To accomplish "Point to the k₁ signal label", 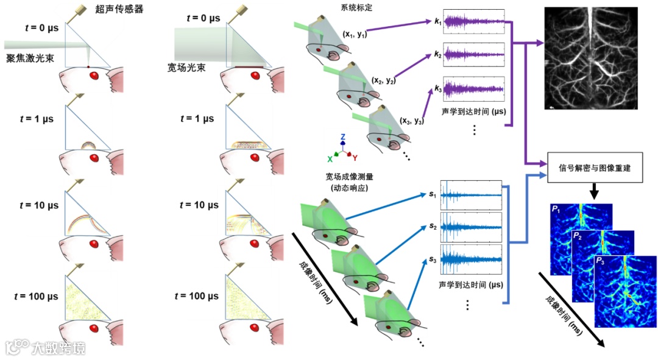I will click(437, 21).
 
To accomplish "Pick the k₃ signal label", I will click(437, 89).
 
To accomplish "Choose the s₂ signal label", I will click(433, 227).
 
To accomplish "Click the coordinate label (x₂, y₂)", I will click(383, 80).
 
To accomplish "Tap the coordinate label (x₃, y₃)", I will click(412, 121).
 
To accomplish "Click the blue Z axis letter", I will click(344, 136).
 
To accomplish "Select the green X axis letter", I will click(330, 158).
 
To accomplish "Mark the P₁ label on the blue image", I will click(556, 209).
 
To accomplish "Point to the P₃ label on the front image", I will click(601, 261).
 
